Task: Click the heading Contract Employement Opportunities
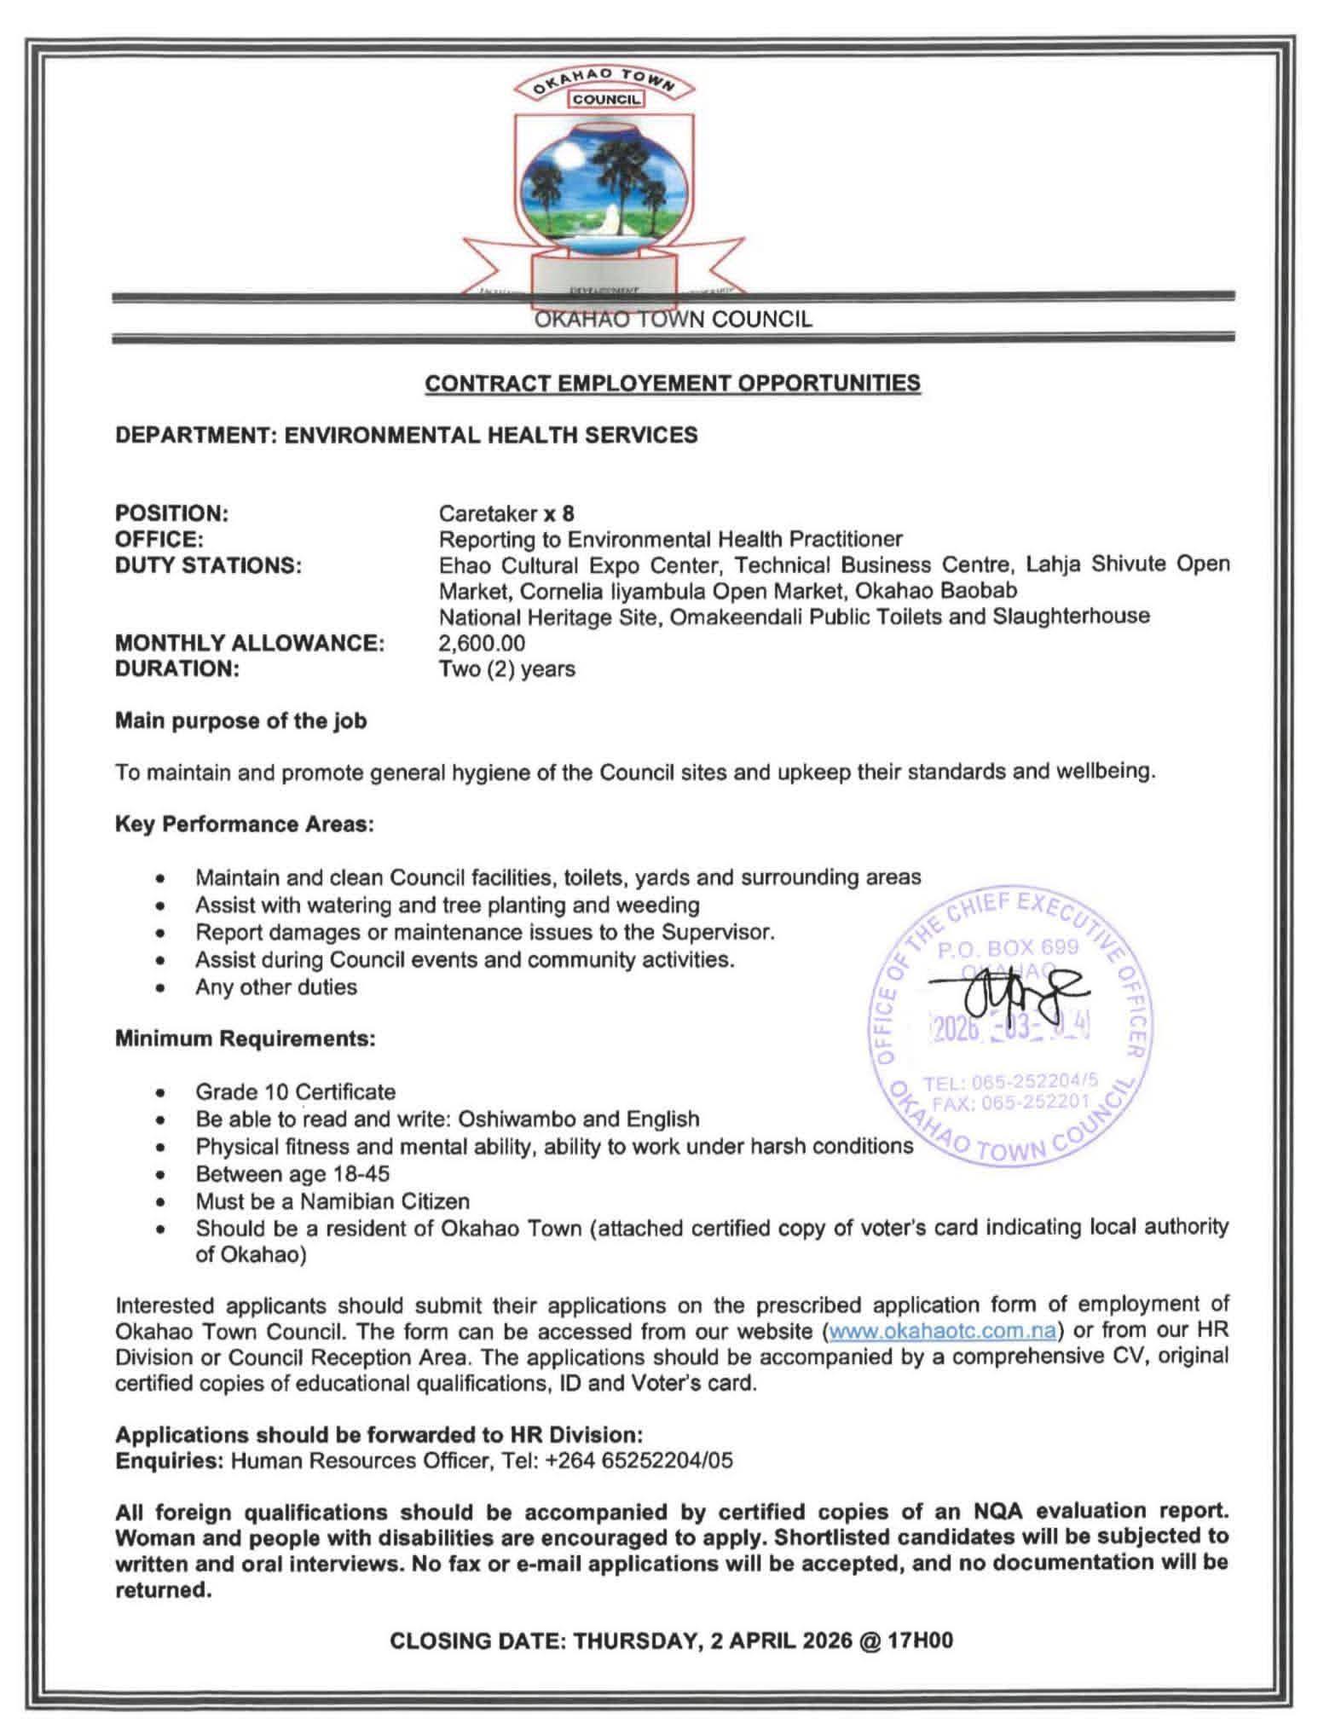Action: [x=672, y=383]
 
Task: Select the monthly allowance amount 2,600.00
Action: [x=482, y=643]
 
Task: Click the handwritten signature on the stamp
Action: [x=1011, y=997]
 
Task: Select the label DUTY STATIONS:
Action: [x=208, y=565]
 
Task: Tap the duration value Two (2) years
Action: [x=506, y=668]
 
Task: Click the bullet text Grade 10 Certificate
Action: [x=295, y=1091]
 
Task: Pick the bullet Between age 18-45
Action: [x=292, y=1173]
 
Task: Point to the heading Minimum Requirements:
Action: [x=245, y=1039]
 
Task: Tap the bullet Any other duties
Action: [x=275, y=987]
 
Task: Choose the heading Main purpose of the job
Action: [x=240, y=720]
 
